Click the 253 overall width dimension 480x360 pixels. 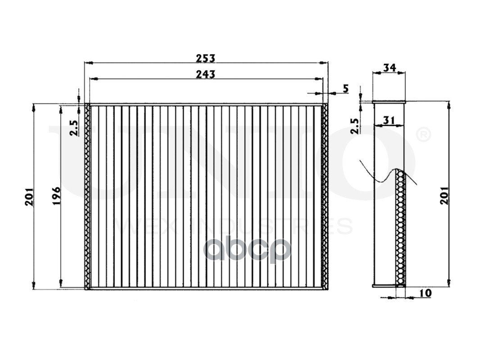pyautogui.click(x=205, y=58)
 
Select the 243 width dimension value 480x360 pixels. pyautogui.click(x=205, y=74)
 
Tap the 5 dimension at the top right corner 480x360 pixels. pyautogui.click(x=345, y=88)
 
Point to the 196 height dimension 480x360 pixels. pyautogui.click(x=56, y=195)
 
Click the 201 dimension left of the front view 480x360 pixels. pyautogui.click(x=29, y=196)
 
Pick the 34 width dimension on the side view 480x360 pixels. pyautogui.click(x=389, y=67)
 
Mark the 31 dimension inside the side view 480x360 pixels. pyautogui.click(x=389, y=121)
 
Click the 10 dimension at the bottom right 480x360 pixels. pyautogui.click(x=425, y=293)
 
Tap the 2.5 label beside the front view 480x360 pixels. pyautogui.click(x=73, y=127)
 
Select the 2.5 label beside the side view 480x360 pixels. pyautogui.click(x=355, y=126)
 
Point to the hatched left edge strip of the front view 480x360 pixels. pyautogui.click(x=87, y=196)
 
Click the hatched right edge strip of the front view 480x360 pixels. pyautogui.click(x=325, y=196)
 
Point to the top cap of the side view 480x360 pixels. pyautogui.click(x=389, y=102)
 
